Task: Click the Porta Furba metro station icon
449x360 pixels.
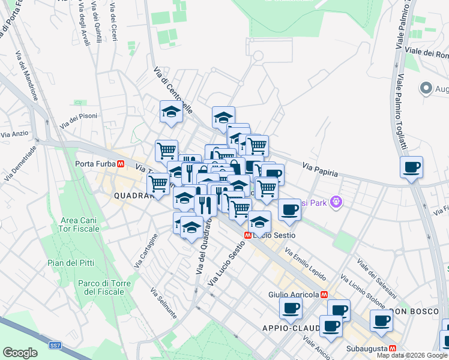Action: [x=121, y=163]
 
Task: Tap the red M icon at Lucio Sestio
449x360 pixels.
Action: [x=247, y=235]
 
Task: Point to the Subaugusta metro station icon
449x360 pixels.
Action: [x=393, y=348]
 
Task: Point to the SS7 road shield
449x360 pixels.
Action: [x=55, y=346]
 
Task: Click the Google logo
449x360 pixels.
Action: [x=20, y=353]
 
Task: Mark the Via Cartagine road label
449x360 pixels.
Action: [x=146, y=251]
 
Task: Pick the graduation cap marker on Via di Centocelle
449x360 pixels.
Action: [x=171, y=112]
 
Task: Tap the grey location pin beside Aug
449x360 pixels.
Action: [x=426, y=89]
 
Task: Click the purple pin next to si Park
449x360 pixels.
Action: [x=336, y=203]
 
